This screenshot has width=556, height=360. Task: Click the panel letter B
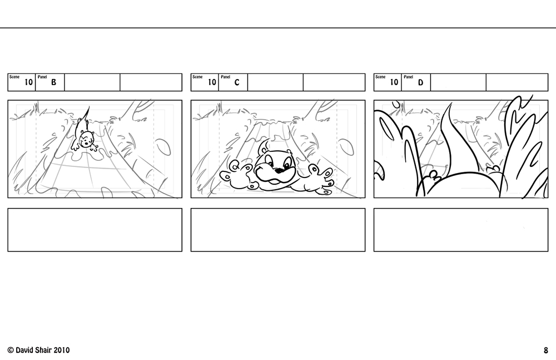point(53,82)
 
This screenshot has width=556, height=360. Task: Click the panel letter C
point(236,82)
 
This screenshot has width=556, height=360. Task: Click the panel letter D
point(420,82)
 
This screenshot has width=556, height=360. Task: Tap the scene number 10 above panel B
point(28,82)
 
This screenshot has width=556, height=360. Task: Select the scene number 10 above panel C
point(212,82)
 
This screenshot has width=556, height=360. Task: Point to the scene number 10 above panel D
point(394,82)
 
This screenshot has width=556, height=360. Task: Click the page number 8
point(546,351)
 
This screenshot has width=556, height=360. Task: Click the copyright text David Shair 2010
point(38,350)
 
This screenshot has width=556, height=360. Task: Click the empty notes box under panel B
point(95,230)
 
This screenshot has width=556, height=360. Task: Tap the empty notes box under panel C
point(278,230)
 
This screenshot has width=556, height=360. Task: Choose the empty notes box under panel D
point(461,230)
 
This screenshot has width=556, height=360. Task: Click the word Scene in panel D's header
point(380,77)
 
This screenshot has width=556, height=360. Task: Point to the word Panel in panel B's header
point(42,77)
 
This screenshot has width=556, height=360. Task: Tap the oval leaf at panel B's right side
point(163,147)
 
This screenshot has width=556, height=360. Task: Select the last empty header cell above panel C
point(334,82)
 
